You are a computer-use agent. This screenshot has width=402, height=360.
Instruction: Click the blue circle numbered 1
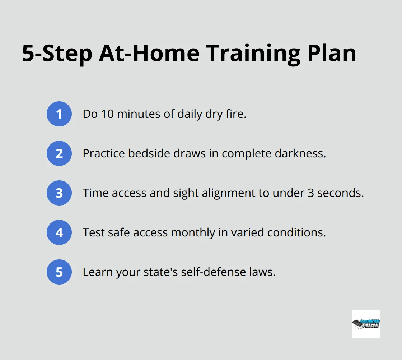pos(59,114)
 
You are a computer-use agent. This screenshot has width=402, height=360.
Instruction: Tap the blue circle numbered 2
pos(59,153)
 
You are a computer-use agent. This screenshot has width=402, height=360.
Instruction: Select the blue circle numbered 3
pos(59,193)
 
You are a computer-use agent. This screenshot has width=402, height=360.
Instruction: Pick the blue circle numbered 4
pos(59,232)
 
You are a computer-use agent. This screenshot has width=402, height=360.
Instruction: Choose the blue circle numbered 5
pos(59,272)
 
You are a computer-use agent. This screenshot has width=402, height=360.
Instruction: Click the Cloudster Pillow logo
pos(366,324)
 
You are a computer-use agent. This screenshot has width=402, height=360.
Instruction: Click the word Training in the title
pos(253,54)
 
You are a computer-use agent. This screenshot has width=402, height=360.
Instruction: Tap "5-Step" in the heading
pos(57,54)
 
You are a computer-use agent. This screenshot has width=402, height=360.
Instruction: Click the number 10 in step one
pos(107,114)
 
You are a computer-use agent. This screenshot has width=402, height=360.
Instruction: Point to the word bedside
pos(149,153)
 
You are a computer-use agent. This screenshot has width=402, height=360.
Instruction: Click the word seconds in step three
pos(341,193)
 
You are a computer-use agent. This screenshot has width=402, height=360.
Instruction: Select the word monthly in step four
pos(193,233)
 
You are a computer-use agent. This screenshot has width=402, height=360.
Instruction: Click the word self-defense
pos(213,272)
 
